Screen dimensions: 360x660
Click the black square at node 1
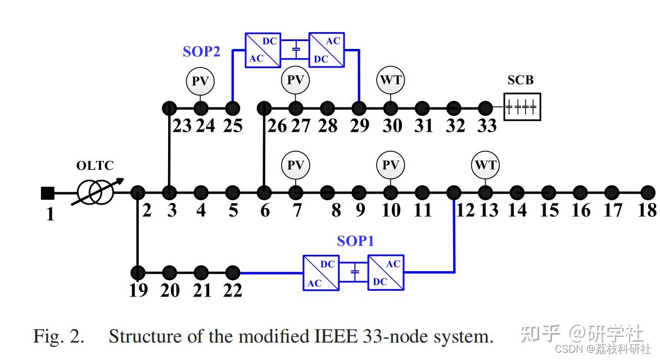tap(48, 193)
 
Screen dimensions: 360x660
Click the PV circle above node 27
tap(295, 80)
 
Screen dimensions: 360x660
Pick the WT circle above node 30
tap(391, 80)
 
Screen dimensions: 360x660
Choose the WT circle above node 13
tap(486, 165)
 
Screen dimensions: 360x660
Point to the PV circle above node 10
tap(391, 165)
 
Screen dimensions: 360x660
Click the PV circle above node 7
tap(295, 165)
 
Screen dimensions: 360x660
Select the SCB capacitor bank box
tap(522, 107)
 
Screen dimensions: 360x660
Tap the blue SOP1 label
tap(355, 241)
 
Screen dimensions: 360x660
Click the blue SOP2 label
tap(201, 52)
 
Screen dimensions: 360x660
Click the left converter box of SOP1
tap(321, 273)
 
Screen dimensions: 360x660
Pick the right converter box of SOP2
tap(327, 50)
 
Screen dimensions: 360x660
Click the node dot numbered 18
tap(648, 192)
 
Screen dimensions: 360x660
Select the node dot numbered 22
tap(232, 273)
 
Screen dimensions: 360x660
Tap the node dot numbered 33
tap(486, 107)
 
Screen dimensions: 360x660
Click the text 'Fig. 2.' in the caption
tap(58, 337)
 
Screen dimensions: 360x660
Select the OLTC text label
tap(95, 166)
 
